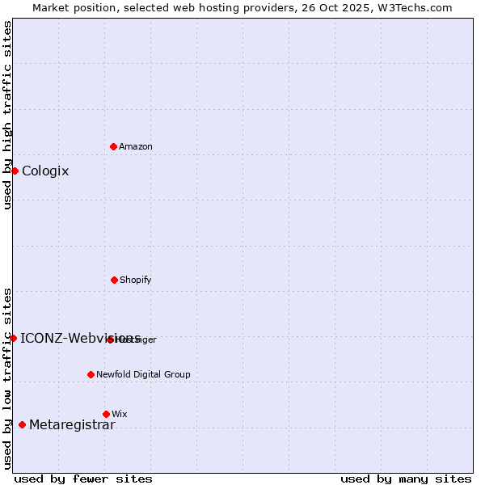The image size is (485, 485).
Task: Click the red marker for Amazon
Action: point(113,146)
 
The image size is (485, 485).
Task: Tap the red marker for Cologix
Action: point(15,171)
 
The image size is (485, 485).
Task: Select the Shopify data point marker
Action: point(114,280)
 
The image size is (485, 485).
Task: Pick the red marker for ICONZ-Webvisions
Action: point(13,338)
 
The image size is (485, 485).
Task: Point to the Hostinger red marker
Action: point(110,339)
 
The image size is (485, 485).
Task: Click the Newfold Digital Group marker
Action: point(91,374)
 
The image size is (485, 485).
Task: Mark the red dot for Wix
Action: point(106,414)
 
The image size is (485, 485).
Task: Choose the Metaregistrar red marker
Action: point(22,424)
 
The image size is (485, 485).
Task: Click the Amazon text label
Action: point(136,146)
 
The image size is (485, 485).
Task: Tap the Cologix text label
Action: point(45,171)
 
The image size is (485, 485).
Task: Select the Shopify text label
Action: point(136,280)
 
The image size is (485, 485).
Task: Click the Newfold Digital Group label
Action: point(143,374)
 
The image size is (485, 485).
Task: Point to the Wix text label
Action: point(120,414)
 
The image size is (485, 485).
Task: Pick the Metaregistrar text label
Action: point(72,425)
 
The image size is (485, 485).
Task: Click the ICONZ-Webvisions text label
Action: point(80,338)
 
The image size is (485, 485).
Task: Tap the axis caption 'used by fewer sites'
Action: point(83,479)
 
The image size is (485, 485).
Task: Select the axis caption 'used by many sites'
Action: point(406,479)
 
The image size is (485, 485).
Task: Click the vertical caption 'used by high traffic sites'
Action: point(7,115)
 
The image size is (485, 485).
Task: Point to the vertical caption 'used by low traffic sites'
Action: point(7,377)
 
